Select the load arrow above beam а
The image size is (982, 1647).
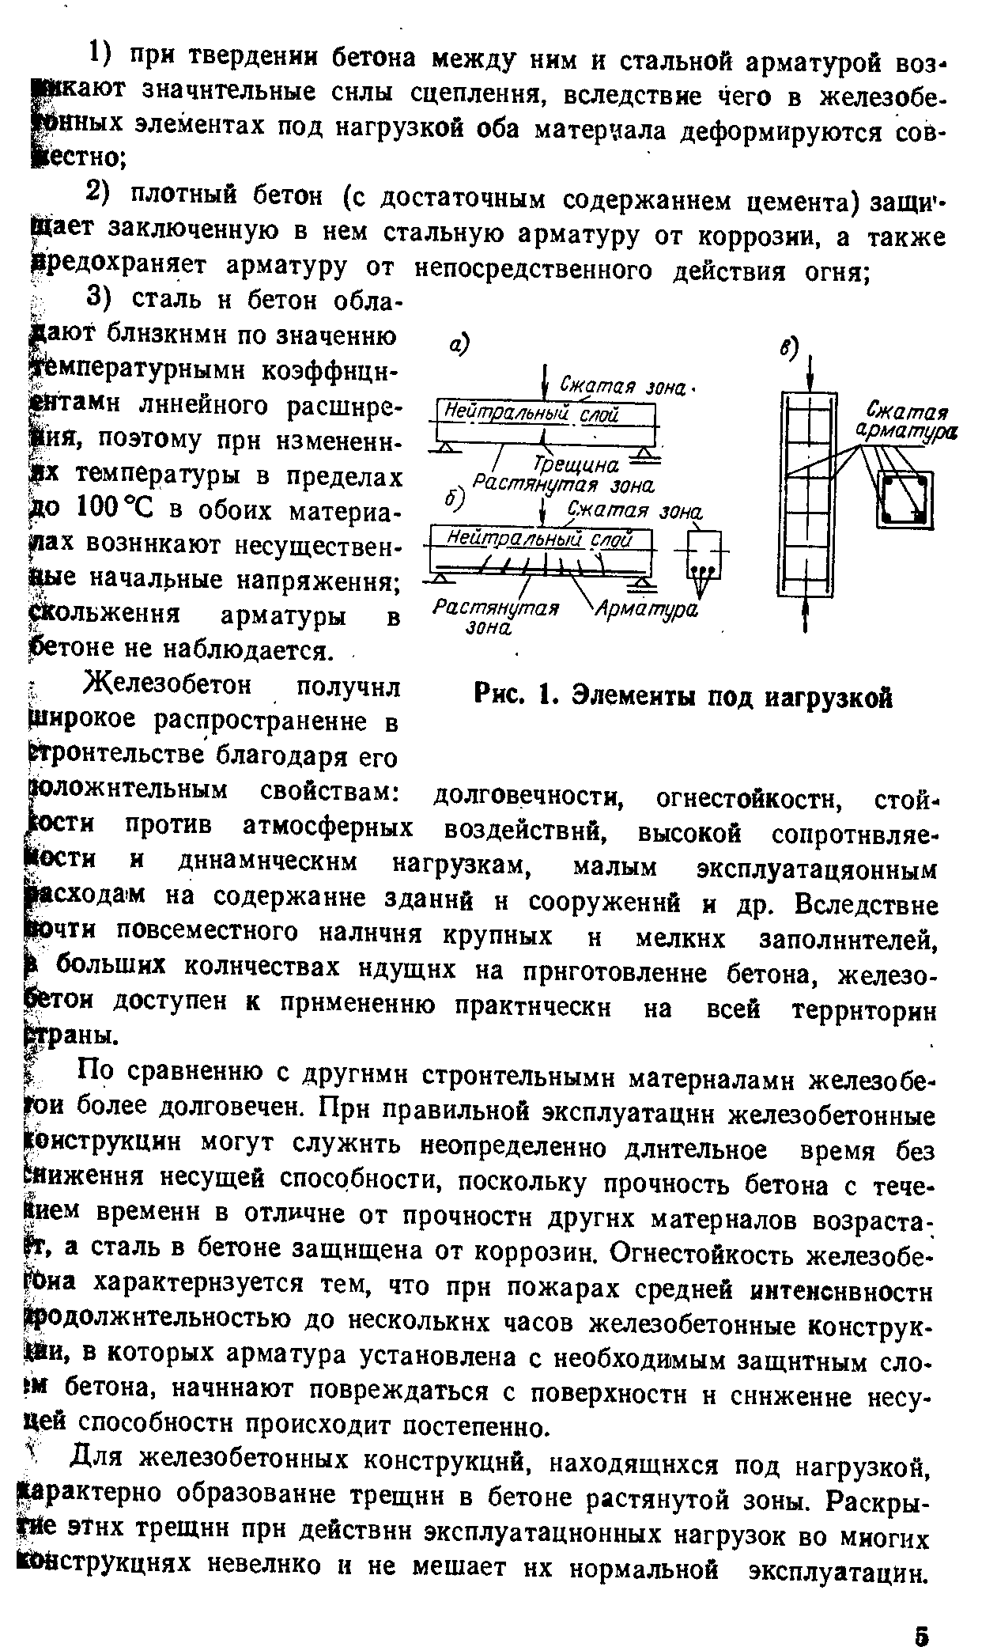(x=545, y=384)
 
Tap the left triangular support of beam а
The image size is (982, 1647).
(x=444, y=449)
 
